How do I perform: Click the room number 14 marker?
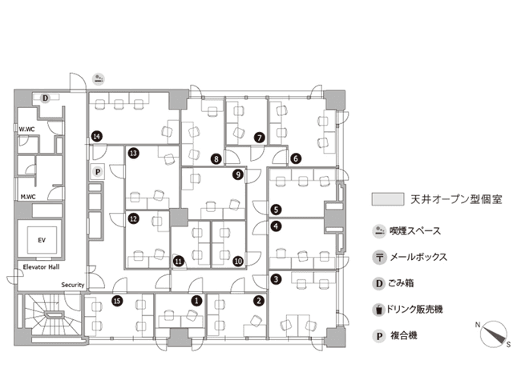96,137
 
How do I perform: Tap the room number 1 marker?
197,301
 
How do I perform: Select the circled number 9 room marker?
237,174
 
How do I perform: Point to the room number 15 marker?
117,301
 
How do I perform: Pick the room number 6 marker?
296,158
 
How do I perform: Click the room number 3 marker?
276,279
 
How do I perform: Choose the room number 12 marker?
133,218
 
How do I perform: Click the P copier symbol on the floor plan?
97,170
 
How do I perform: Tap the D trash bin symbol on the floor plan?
46,98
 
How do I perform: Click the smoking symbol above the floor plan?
98,78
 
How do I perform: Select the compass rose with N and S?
495,332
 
